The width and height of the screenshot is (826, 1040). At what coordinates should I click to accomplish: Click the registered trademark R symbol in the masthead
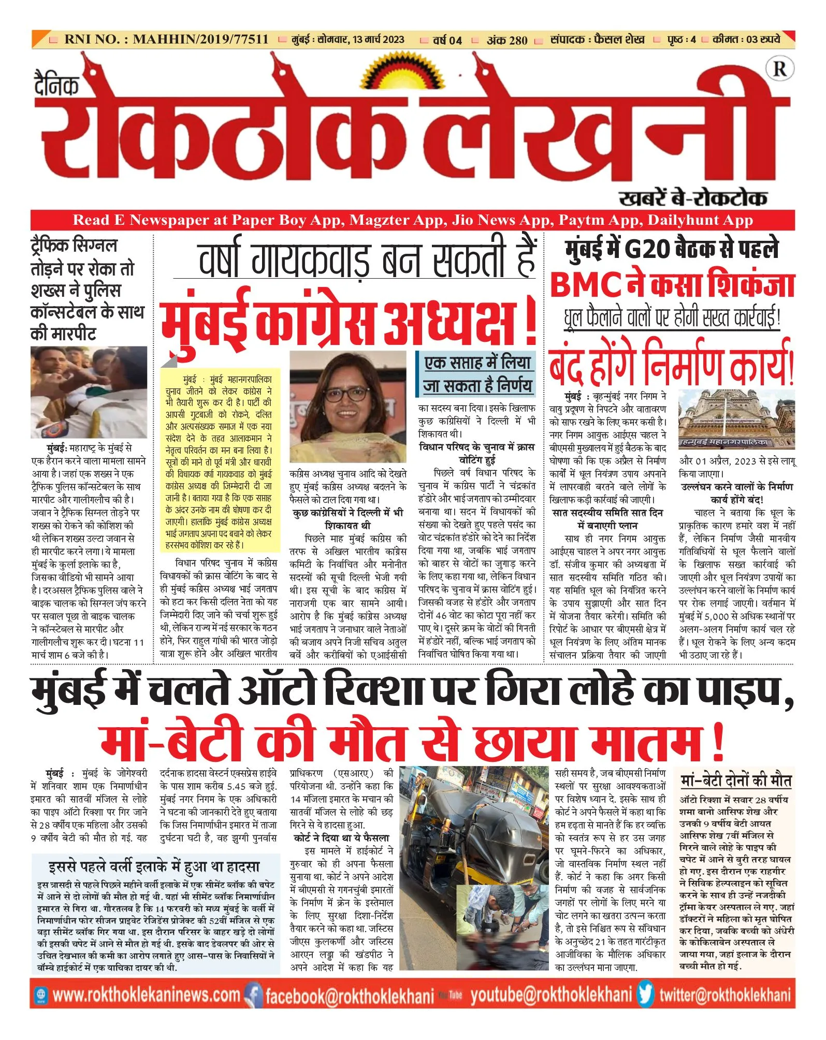780,68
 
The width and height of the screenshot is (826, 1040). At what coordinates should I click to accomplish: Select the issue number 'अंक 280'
507,40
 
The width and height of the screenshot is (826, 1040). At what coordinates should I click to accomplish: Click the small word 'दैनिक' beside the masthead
56,85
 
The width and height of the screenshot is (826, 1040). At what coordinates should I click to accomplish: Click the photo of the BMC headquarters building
736,419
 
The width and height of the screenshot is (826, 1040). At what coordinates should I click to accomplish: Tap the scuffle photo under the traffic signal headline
89,392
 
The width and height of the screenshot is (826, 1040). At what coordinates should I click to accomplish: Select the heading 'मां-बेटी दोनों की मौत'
736,781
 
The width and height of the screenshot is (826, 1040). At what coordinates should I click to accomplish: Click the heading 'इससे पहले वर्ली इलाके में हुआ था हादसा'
155,866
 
